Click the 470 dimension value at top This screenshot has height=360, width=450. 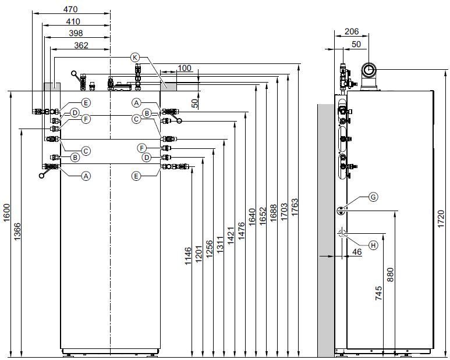70,9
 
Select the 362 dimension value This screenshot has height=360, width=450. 82,45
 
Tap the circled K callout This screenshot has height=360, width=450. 135,58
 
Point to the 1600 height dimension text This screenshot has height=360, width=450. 6,212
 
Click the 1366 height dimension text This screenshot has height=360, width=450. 17,231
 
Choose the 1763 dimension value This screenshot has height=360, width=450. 295,207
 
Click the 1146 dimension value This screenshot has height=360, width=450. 187,256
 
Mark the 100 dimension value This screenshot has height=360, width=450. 184,68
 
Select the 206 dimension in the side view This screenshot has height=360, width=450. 352,31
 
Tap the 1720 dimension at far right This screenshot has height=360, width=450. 441,219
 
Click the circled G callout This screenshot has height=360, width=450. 373,197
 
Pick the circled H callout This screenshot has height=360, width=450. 373,245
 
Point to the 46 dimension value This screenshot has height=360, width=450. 357,252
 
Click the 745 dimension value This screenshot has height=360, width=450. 378,293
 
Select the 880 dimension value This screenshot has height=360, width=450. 391,275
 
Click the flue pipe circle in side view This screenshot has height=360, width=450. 368,70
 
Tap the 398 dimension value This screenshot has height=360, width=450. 76,33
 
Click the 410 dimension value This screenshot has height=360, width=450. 73,22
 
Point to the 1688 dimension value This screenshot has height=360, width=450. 274,213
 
